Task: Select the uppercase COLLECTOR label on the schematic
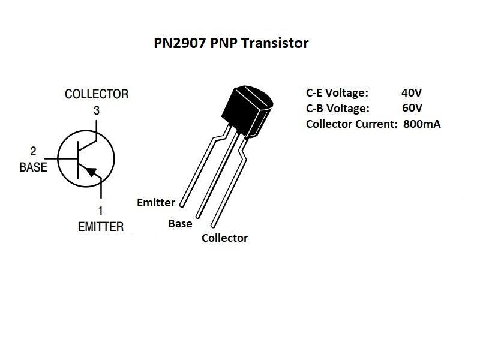click(x=97, y=94)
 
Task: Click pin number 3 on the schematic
click(x=97, y=110)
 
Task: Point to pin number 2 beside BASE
click(x=33, y=152)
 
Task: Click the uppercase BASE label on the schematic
click(x=33, y=167)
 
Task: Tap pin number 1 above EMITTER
click(x=100, y=211)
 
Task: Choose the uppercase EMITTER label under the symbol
click(x=100, y=227)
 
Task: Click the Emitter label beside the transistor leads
click(x=156, y=202)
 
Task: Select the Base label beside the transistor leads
click(x=180, y=223)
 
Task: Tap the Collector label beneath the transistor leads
click(x=224, y=238)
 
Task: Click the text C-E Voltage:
click(x=337, y=93)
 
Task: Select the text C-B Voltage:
click(x=337, y=109)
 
